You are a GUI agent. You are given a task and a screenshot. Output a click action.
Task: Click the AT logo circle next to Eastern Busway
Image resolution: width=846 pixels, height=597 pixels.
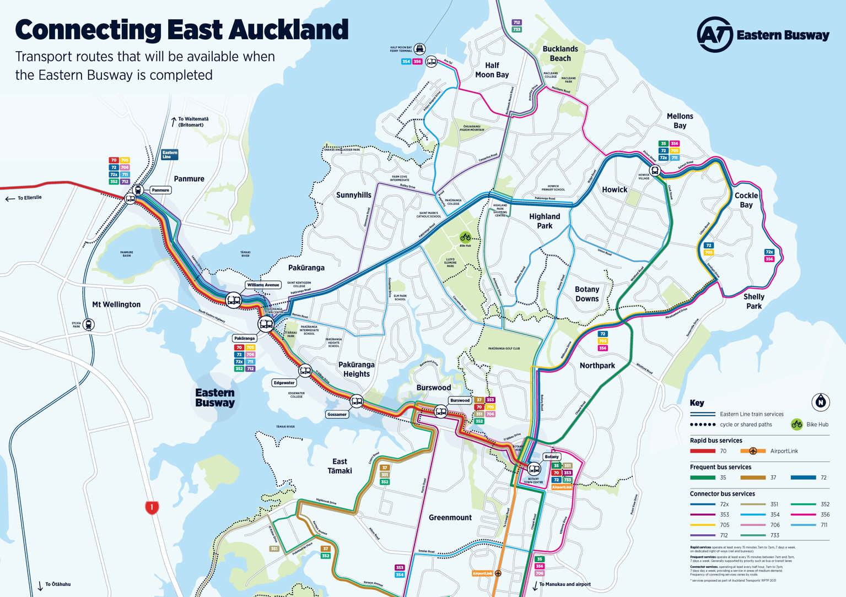click(714, 34)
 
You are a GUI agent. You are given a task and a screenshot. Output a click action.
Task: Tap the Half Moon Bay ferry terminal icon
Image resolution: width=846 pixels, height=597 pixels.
click(420, 49)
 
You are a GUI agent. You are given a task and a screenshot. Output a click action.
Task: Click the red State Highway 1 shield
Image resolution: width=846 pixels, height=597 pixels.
click(152, 507)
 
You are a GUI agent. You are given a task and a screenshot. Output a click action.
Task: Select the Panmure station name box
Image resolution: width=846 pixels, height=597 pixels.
click(160, 190)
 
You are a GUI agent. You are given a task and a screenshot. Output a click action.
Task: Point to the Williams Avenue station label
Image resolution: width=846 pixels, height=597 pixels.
click(263, 285)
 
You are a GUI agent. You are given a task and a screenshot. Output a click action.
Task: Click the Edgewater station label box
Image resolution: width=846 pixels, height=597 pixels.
click(284, 383)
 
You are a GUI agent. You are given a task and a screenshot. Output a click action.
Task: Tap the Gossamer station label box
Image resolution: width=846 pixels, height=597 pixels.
click(337, 414)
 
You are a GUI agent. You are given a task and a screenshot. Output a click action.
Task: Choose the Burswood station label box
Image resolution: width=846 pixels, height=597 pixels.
click(460, 400)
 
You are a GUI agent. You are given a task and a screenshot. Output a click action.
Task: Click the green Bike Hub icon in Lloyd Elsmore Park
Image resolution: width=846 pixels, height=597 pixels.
click(465, 237)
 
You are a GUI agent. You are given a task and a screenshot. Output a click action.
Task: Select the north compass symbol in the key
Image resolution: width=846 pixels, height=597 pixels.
click(821, 402)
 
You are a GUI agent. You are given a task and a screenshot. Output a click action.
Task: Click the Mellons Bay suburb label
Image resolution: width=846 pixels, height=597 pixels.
click(680, 121)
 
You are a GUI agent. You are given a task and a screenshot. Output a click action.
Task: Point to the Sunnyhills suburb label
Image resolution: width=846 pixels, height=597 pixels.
click(353, 195)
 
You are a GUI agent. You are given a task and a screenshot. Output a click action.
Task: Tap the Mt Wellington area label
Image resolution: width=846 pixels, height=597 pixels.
click(116, 304)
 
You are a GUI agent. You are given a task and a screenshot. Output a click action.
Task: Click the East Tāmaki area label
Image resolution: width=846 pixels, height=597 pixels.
click(340, 466)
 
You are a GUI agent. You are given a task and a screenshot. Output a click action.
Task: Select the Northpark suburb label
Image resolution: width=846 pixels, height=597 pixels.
click(597, 366)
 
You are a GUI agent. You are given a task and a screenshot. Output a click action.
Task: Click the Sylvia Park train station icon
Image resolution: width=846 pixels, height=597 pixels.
click(89, 325)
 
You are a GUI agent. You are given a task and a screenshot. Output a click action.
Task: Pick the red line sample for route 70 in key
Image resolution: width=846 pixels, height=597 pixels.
click(702, 451)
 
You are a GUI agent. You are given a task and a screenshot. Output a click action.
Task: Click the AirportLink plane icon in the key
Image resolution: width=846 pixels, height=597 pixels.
click(753, 451)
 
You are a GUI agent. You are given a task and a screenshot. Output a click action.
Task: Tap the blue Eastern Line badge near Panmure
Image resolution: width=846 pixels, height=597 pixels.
click(170, 155)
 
